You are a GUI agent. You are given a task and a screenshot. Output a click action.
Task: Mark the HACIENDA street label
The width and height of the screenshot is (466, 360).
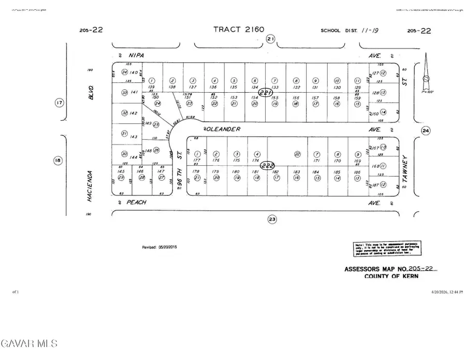pos(90,186)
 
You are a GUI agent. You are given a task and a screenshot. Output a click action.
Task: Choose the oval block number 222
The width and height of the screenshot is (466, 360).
pos(267,165)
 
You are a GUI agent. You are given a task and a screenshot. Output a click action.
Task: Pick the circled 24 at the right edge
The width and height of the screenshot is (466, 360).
pos(426,131)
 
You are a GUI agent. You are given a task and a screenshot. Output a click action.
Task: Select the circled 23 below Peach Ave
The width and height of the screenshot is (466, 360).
pos(272,220)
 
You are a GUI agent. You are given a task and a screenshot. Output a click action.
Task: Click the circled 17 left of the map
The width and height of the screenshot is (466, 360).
pos(60,103)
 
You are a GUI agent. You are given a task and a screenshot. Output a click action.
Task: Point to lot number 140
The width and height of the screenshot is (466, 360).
pos(134,73)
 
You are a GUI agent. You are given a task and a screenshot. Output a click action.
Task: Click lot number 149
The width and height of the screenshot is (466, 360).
pos(149,123)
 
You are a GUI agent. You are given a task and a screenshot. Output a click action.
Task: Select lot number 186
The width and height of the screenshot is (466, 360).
pos(357,171)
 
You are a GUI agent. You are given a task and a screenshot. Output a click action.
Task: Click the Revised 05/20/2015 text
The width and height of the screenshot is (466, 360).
pos(160,248)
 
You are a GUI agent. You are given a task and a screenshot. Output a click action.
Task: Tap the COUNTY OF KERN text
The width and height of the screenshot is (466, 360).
pos(391,277)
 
